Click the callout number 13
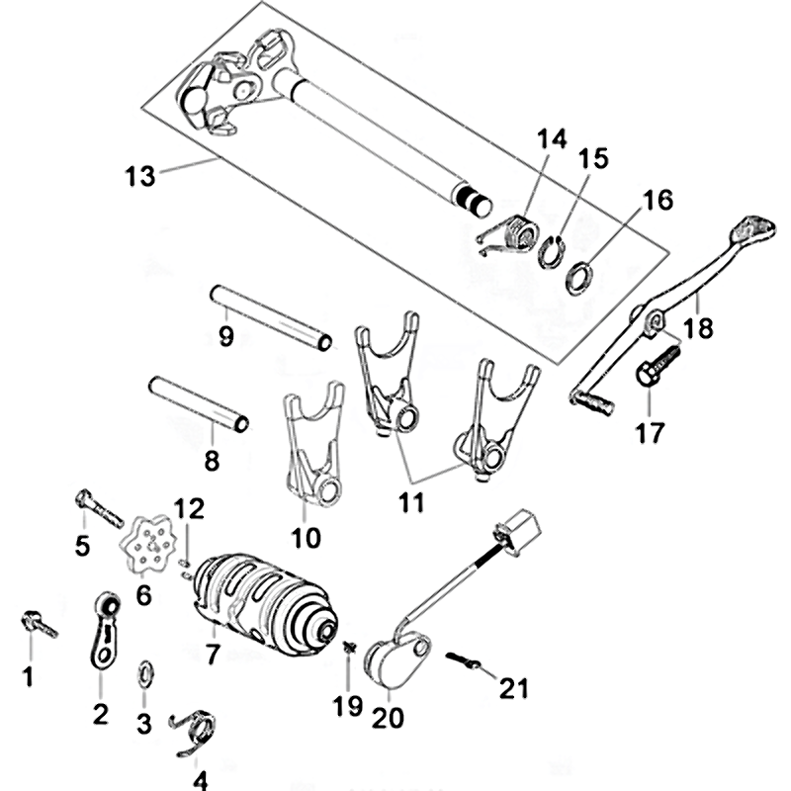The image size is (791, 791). tap(139, 177)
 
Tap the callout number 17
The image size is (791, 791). tap(650, 433)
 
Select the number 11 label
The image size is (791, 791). tap(411, 503)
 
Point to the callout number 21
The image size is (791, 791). tap(513, 688)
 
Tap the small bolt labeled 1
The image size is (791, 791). tap(40, 625)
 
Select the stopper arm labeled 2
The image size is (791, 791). tap(105, 632)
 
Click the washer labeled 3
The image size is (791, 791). tap(145, 674)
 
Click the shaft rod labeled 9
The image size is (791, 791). tap(271, 317)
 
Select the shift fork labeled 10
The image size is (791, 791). tap(313, 443)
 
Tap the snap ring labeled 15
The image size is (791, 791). tap(552, 252)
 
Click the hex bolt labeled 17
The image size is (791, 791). tap(657, 364)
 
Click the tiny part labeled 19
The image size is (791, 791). tap(349, 647)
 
